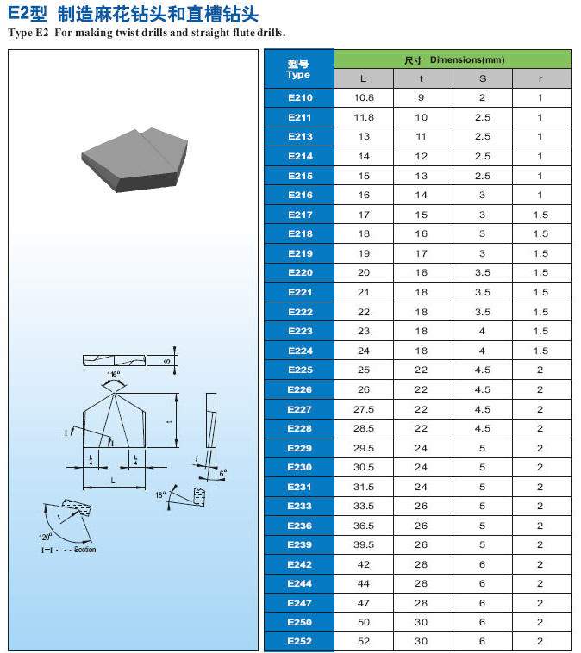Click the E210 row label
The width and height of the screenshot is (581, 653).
[x=300, y=97]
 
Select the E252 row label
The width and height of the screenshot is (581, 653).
[x=300, y=641]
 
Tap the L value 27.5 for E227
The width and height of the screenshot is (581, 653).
[x=364, y=409]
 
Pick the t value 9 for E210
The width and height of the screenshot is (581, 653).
[x=421, y=97]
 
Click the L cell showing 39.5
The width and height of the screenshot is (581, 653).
[x=364, y=544]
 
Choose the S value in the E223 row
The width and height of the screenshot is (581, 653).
[x=482, y=331]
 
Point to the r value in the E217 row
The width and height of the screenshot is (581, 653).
[x=540, y=215]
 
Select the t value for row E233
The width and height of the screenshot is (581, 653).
[x=421, y=506]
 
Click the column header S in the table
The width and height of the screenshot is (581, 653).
[x=483, y=78]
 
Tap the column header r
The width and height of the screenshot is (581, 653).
[x=540, y=79]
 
